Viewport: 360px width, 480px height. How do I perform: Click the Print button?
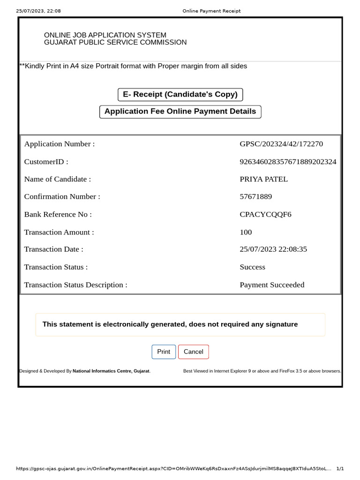[x=164, y=352]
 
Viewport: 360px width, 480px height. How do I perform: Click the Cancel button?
[x=194, y=352]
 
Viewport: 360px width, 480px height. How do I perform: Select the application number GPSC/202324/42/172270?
[x=281, y=144]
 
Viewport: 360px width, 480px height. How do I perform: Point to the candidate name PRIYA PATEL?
[x=263, y=179]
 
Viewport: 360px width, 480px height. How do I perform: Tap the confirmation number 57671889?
[x=255, y=196]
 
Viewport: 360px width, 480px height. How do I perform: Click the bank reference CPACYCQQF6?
[x=265, y=214]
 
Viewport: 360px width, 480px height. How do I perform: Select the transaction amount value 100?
[x=246, y=232]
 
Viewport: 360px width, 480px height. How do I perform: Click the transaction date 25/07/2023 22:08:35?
[x=273, y=249]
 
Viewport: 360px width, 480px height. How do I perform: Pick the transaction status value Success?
[x=252, y=267]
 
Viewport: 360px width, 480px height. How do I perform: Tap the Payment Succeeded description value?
[x=272, y=285]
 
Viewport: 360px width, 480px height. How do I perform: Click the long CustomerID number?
[x=288, y=162]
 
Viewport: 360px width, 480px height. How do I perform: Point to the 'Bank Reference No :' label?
[x=58, y=214]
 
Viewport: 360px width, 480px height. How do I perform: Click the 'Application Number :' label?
[x=59, y=144]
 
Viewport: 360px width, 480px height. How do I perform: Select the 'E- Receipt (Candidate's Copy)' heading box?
[x=180, y=94]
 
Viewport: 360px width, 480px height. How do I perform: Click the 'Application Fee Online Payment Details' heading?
[x=180, y=112]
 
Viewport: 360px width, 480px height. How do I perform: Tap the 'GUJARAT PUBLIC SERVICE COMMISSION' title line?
[x=115, y=43]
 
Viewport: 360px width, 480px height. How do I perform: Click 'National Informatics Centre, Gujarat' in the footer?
[x=111, y=371]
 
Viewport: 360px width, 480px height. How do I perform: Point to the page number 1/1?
[x=340, y=469]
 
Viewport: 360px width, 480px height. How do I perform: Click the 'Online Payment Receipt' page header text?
[x=211, y=11]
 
